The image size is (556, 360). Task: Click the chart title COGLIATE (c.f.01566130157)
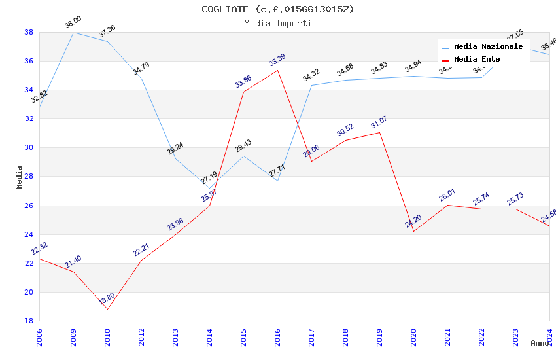coord(278,9)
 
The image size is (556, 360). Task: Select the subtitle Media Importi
coord(278,23)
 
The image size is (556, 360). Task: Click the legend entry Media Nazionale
coord(488,46)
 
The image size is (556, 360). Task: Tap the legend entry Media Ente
coord(477,59)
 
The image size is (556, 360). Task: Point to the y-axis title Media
coord(19,177)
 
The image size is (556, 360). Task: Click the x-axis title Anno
coord(540,343)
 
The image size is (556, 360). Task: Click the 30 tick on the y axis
coord(29,147)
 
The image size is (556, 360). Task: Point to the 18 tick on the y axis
coord(29,321)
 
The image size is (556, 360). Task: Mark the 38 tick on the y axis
coord(29,32)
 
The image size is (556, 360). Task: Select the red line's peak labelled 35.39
coord(277,70)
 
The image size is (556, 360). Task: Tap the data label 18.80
coord(107,299)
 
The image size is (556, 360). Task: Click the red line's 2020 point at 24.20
coord(413,231)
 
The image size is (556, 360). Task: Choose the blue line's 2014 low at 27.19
coord(209,188)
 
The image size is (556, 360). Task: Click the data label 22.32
coord(39,249)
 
